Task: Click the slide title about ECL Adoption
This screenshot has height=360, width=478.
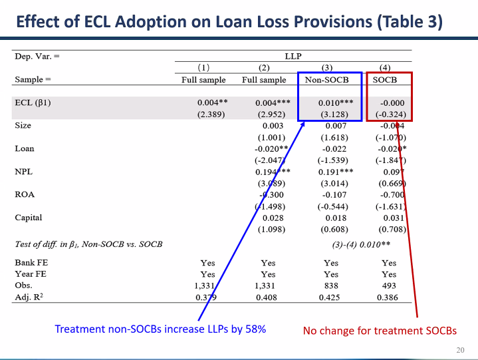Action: (x=229, y=21)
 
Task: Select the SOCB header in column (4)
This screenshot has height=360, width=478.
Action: (x=389, y=80)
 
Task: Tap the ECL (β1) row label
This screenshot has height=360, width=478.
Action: (x=34, y=103)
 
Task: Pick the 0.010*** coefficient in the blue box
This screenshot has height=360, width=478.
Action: (x=330, y=103)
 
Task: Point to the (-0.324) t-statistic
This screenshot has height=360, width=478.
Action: (x=390, y=114)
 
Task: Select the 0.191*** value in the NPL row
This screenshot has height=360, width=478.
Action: (x=330, y=172)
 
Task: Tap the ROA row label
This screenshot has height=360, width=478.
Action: (x=24, y=194)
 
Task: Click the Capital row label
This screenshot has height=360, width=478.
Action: (x=28, y=218)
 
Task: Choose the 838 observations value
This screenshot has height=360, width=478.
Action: (x=330, y=285)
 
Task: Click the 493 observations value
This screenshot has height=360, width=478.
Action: (x=389, y=285)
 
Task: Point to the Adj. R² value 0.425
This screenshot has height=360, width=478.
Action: (x=330, y=297)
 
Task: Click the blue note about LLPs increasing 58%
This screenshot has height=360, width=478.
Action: (x=160, y=329)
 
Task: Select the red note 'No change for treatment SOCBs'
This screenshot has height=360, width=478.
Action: (x=380, y=330)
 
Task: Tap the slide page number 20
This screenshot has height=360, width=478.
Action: (x=460, y=350)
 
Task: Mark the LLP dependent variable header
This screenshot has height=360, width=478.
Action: (x=293, y=57)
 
